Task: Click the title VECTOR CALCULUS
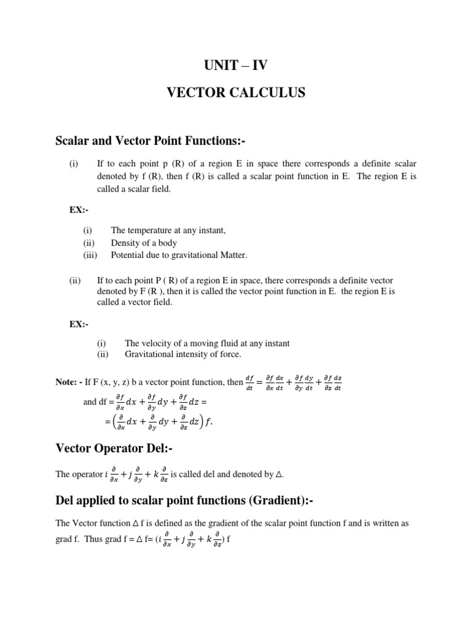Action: click(x=236, y=93)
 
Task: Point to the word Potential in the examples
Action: click(x=127, y=255)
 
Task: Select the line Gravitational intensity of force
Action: click(x=183, y=354)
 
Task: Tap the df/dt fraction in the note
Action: click(x=249, y=382)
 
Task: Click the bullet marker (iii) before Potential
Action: click(x=91, y=255)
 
